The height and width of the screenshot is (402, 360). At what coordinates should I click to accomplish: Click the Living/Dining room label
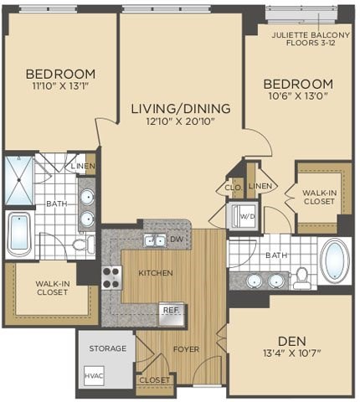pyautogui.click(x=174, y=107)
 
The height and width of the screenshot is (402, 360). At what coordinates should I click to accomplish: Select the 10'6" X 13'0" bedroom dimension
pyautogui.click(x=298, y=98)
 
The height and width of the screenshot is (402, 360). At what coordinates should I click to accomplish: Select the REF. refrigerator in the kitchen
pyautogui.click(x=172, y=313)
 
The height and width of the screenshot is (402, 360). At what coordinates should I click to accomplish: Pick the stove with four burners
pyautogui.click(x=111, y=276)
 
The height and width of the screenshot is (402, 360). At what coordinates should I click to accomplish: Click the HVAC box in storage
pyautogui.click(x=94, y=376)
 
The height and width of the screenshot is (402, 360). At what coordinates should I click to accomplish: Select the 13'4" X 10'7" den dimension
pyautogui.click(x=291, y=355)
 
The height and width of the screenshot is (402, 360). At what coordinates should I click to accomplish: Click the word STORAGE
pyautogui.click(x=107, y=348)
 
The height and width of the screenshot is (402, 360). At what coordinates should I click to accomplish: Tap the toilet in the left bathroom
pyautogui.click(x=82, y=245)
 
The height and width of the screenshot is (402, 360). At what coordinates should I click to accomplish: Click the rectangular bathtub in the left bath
pyautogui.click(x=19, y=234)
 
